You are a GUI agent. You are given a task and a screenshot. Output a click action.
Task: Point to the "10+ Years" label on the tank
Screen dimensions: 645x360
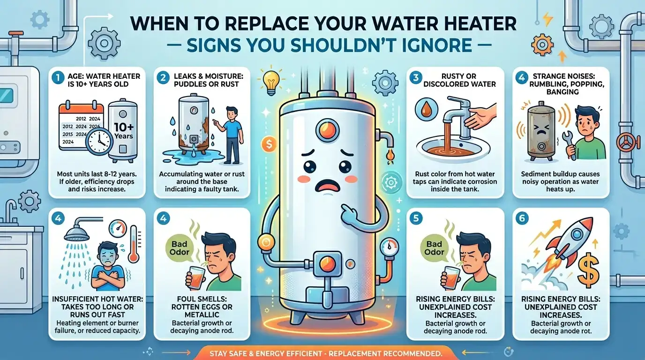pyautogui.click(x=124, y=131)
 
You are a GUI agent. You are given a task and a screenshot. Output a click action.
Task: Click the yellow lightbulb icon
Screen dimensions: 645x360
pyautogui.click(x=271, y=82)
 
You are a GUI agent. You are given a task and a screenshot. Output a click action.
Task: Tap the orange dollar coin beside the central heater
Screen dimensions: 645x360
pyautogui.click(x=269, y=144)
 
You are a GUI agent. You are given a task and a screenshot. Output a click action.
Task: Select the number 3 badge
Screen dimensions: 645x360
pyautogui.click(x=416, y=78)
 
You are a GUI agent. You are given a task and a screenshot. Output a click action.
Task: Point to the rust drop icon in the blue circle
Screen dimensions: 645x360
pyautogui.click(x=426, y=110)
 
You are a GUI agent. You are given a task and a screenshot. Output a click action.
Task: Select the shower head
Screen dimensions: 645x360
pyautogui.click(x=78, y=230)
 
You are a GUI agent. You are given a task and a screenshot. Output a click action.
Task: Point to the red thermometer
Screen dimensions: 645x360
pyautogui.click(x=134, y=244)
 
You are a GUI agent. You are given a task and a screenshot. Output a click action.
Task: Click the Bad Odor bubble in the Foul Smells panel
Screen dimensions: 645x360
pyautogui.click(x=180, y=248)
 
